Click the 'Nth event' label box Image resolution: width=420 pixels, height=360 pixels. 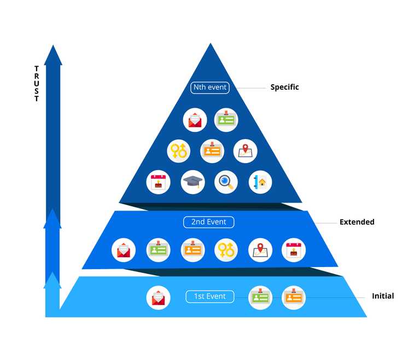pos(210,87)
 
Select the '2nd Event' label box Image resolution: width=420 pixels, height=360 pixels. pos(209,222)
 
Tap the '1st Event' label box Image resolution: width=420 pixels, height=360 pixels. pos(209,297)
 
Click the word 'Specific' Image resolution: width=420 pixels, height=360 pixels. pos(284,87)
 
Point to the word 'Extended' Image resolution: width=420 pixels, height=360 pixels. pos(357,222)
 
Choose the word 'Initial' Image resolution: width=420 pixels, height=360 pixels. pos(383,296)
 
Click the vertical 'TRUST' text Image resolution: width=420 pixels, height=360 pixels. pos(37,84)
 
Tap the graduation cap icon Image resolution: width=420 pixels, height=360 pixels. pos(192,182)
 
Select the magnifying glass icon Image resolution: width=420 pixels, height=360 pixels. pos(226,182)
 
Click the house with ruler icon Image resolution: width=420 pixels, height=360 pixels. pos(260,182)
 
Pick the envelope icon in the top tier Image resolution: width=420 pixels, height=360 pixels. pos(195,119)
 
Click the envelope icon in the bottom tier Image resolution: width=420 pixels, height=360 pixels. pos(157,298)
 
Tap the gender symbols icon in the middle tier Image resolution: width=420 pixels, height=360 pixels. pos(226,249)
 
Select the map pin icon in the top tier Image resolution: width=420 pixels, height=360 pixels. pos(245,150)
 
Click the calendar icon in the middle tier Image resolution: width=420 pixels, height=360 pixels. pos(294,249)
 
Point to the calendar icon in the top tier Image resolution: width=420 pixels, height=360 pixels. pos(159,182)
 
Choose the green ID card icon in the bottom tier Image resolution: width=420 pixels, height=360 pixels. pos(260,297)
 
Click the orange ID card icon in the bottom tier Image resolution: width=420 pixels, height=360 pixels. pos(294,297)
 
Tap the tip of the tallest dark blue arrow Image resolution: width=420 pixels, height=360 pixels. pos(53,46)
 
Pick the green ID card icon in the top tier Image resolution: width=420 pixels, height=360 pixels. pos(226,119)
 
